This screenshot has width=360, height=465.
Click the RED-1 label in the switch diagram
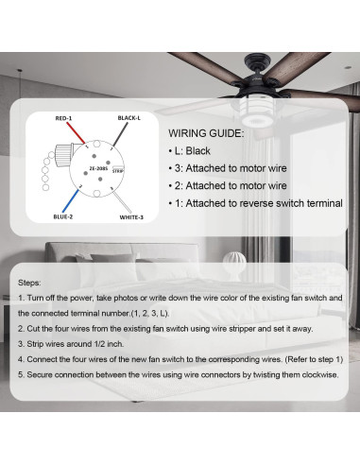[x=64, y=118]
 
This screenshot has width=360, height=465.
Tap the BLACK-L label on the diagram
[x=130, y=118]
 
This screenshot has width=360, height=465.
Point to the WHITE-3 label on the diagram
[x=131, y=216]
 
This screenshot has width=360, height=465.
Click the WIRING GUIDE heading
[x=205, y=134]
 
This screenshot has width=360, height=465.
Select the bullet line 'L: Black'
[x=196, y=151]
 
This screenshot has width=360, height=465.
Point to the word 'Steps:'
[x=31, y=283]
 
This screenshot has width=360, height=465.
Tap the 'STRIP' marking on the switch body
[x=118, y=171]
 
